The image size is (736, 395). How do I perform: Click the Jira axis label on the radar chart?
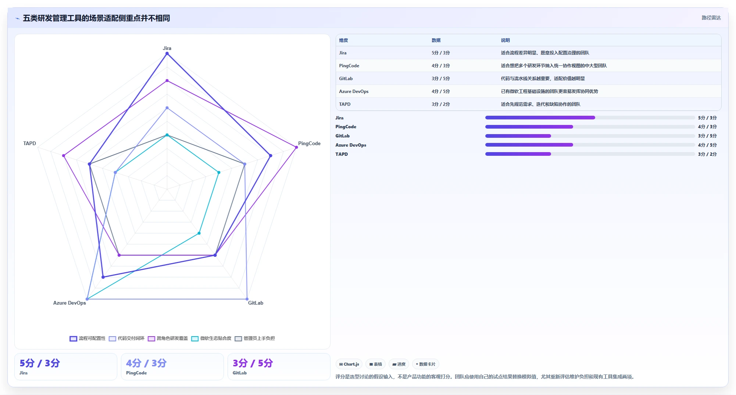tap(167, 48)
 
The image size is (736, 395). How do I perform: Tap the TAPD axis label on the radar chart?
tap(29, 143)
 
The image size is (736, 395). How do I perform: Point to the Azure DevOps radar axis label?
tap(69, 303)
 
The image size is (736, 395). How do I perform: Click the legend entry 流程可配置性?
tap(87, 338)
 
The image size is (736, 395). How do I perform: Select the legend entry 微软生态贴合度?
tap(211, 338)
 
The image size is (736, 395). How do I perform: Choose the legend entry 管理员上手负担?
tap(255, 338)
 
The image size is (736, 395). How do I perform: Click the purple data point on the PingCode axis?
tap(296, 147)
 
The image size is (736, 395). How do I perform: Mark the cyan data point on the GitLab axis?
tap(199, 233)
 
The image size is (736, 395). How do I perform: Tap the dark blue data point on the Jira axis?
tap(167, 54)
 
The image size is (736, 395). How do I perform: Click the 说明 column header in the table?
tap(505, 40)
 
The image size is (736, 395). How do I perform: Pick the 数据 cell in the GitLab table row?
tap(440, 79)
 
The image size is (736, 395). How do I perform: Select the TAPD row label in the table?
tap(345, 104)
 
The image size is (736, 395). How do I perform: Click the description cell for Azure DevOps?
tap(549, 91)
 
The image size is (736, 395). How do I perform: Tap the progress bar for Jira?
tap(590, 118)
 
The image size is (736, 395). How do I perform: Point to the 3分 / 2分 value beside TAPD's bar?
tap(707, 154)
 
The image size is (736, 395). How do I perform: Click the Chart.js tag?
tap(349, 364)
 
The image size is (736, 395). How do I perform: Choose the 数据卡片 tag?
tap(425, 364)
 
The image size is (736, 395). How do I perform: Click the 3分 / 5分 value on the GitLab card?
tap(253, 363)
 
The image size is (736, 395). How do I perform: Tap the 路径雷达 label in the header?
tap(711, 18)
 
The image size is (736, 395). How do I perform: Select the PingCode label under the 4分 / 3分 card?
tap(136, 373)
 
